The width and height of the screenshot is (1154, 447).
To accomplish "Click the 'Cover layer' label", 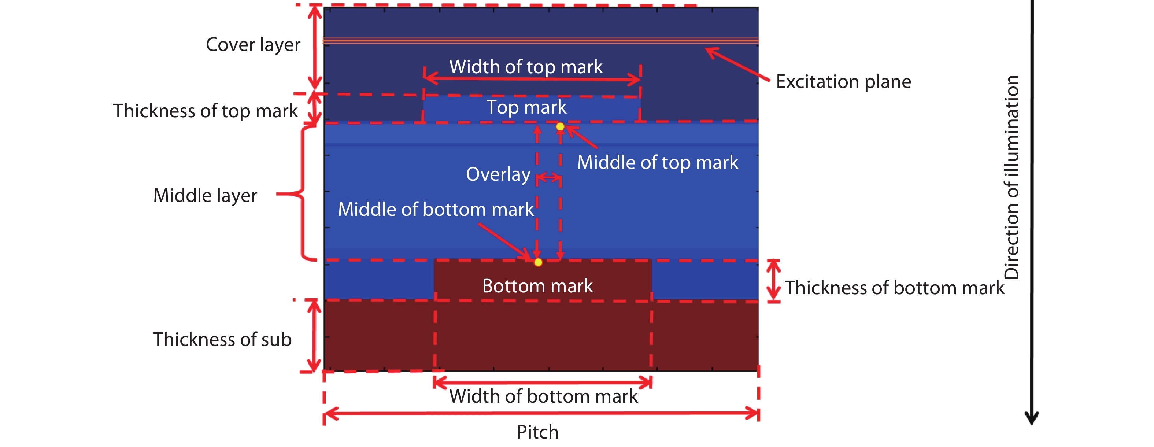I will (x=253, y=45).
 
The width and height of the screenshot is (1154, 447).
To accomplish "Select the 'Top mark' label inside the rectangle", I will (x=526, y=107).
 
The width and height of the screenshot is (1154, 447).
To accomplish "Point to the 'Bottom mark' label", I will (x=537, y=286).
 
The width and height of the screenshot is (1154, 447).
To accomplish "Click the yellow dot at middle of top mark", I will (x=560, y=127).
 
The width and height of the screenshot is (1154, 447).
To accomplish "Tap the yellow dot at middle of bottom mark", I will (x=538, y=262).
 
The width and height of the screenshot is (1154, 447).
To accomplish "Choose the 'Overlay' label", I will (x=498, y=174).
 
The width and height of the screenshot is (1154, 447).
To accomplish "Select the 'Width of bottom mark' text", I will (x=543, y=396).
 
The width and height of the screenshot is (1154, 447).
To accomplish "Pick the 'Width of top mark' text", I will (x=526, y=67).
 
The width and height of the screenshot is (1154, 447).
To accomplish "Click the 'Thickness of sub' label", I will (x=222, y=340).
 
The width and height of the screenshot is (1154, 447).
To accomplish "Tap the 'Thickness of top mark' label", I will (x=205, y=111).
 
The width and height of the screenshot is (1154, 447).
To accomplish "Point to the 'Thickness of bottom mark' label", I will (x=895, y=288).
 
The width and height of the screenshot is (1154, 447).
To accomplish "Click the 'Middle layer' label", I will (x=205, y=196).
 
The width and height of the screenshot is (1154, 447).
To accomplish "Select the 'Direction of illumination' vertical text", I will (x=1011, y=177).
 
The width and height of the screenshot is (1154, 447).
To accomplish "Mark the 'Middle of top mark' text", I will (x=657, y=163).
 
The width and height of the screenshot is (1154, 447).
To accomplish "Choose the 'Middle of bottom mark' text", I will (x=436, y=210).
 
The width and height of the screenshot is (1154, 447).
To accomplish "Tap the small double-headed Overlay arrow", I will (x=549, y=178).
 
